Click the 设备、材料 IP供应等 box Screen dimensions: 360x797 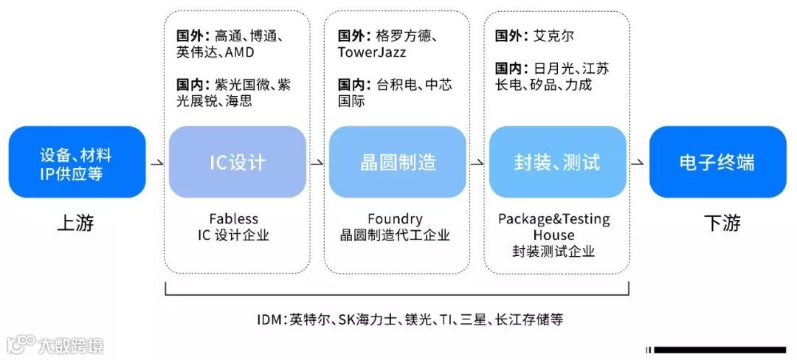pyautogui.click(x=77, y=162)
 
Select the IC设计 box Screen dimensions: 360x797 pyautogui.click(x=237, y=162)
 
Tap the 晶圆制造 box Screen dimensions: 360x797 pyautogui.click(x=397, y=162)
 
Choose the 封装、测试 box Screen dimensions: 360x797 pyautogui.click(x=557, y=162)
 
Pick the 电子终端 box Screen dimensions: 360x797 pyautogui.click(x=717, y=162)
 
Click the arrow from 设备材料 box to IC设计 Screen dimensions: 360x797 pyautogui.click(x=157, y=162)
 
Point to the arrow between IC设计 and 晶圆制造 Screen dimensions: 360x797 pyautogui.click(x=317, y=162)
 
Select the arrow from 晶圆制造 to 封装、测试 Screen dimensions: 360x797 pyautogui.click(x=477, y=162)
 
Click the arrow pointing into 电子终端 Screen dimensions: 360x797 pyautogui.click(x=638, y=162)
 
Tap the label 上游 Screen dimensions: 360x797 pyautogui.click(x=75, y=223)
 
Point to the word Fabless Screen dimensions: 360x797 pyautogui.click(x=233, y=219)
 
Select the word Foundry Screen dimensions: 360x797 pyautogui.click(x=395, y=219)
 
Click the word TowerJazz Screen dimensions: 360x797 pyautogui.click(x=372, y=53)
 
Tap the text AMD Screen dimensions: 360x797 pyautogui.click(x=239, y=53)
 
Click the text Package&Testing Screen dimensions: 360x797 pyautogui.click(x=554, y=219)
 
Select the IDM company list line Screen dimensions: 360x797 pyautogui.click(x=410, y=319)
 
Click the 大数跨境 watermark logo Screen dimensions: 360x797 pyautogui.click(x=55, y=345)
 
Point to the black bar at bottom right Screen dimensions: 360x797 pyautogui.click(x=720, y=350)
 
